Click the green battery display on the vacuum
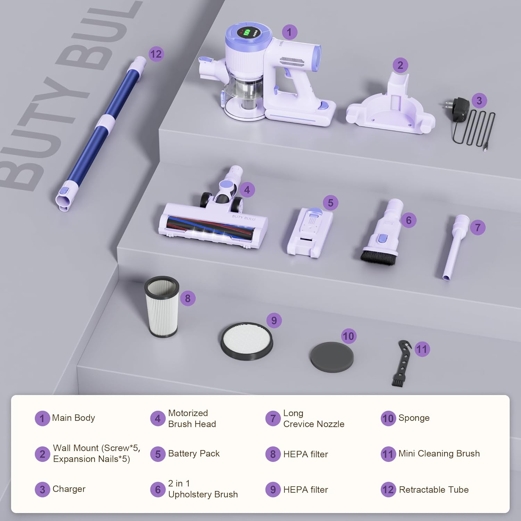click(246, 34)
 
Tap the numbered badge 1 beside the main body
click(289, 32)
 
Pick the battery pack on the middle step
click(309, 233)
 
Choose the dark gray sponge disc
click(331, 357)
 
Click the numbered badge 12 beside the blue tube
click(156, 54)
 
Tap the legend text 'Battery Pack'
click(194, 454)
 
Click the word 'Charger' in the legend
click(69, 489)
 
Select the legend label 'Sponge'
click(414, 418)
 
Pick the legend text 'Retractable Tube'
click(434, 490)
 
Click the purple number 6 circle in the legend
click(158, 489)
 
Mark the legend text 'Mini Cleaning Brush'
click(439, 454)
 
